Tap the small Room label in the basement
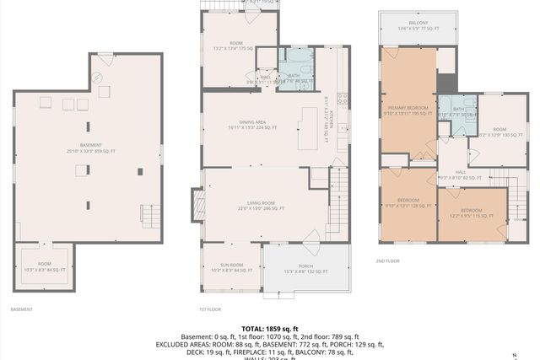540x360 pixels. (x=44, y=267)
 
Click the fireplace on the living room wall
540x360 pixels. (x=199, y=204)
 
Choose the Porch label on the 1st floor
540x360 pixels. (x=305, y=268)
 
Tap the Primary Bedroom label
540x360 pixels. (x=409, y=110)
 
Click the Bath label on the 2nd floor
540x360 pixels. (x=458, y=111)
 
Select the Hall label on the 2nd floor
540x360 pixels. (x=461, y=174)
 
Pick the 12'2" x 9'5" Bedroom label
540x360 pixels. (x=471, y=212)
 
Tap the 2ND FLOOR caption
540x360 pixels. (x=388, y=261)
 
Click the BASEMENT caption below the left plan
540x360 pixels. (x=22, y=309)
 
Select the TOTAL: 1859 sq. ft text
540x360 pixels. (x=269, y=328)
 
